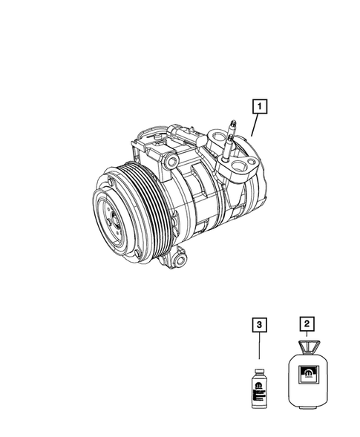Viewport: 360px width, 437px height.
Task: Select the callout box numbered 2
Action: pyautogui.click(x=304, y=323)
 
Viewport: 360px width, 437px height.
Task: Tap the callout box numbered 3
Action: pyautogui.click(x=257, y=323)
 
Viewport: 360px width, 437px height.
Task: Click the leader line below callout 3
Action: pyautogui.click(x=257, y=349)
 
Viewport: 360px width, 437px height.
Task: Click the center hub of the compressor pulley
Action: pyautogui.click(x=113, y=217)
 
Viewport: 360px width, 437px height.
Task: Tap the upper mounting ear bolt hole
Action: pyautogui.click(x=171, y=161)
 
